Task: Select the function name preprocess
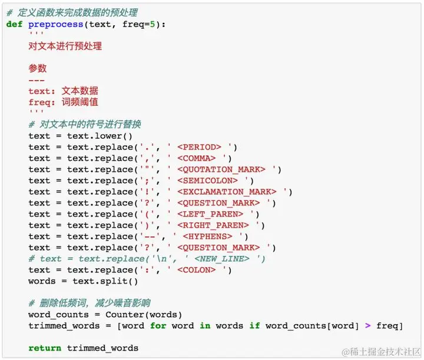pos(55,24)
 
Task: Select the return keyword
pos(45,348)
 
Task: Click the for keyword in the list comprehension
pos(158,326)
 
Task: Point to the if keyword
pos(254,326)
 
